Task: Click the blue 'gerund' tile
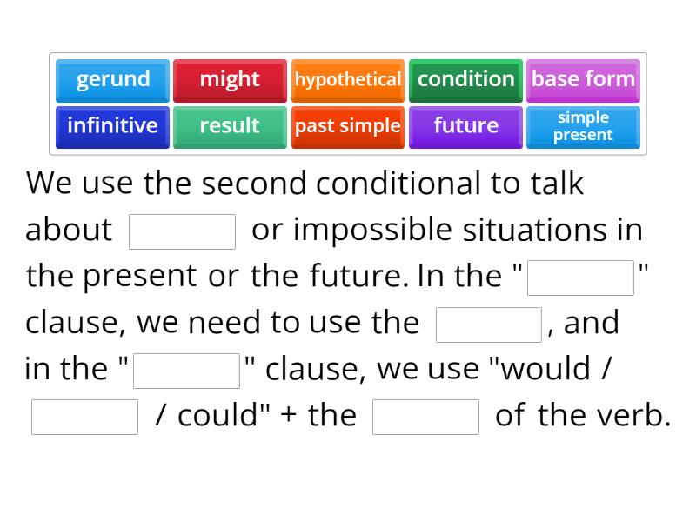pos(113,79)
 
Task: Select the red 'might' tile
pos(230,79)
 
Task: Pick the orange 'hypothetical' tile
pos(347,79)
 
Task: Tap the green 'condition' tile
pos(465,79)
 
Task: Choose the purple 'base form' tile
pos(583,79)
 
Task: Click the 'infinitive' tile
pos(113,126)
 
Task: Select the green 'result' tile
pos(230,126)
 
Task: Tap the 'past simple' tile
pos(347,126)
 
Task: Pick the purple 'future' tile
pos(465,126)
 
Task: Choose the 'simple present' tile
pos(583,126)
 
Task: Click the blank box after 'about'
pos(182,231)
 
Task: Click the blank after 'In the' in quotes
pos(580,278)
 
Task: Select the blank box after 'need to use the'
pos(489,325)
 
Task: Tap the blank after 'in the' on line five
pos(186,371)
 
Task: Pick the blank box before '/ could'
pos(84,417)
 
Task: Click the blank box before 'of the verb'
pos(425,417)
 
